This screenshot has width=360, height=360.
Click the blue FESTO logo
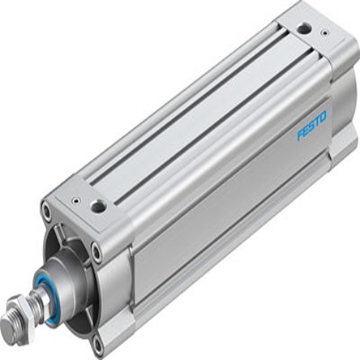(x=312, y=125)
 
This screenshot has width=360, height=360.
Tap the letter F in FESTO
(x=300, y=135)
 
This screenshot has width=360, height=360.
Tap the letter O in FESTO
(x=323, y=116)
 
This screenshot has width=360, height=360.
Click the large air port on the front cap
(x=98, y=207)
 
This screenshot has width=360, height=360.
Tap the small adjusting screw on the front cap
(x=76, y=201)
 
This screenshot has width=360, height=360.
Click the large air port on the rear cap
(x=304, y=29)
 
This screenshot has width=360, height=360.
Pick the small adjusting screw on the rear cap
(x=325, y=33)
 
